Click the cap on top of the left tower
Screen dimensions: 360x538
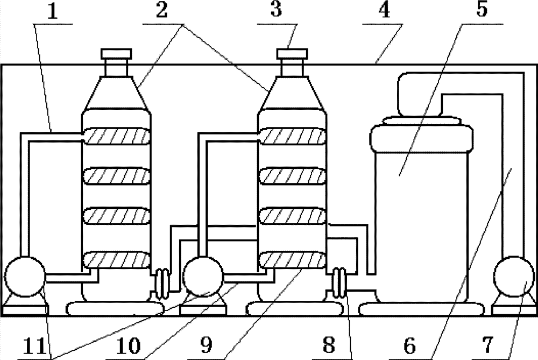[x=116, y=53]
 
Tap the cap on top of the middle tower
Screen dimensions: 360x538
[x=292, y=53]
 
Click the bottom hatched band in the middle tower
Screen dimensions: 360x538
[x=292, y=262]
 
